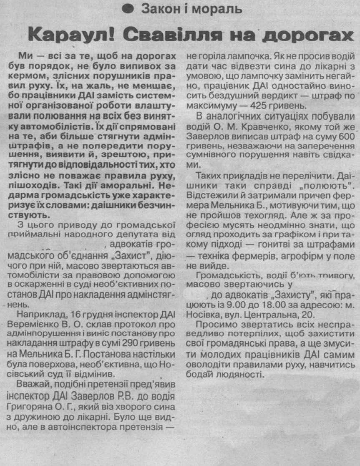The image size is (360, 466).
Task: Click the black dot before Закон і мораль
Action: point(130,8)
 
